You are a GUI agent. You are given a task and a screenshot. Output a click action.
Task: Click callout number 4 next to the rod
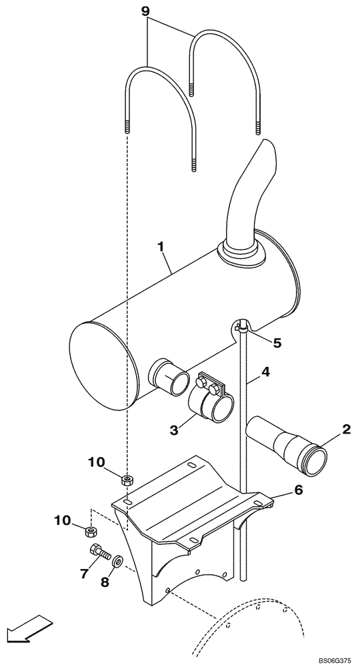point(277,343)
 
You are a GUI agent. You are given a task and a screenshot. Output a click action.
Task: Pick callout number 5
point(298,490)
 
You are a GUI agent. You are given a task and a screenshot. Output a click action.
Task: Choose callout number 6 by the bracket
point(84,573)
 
